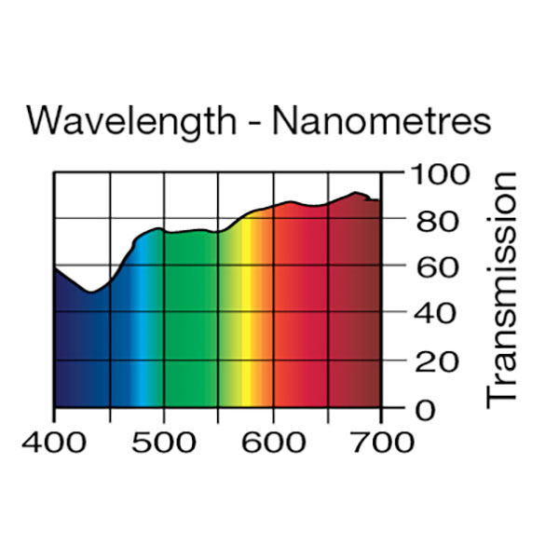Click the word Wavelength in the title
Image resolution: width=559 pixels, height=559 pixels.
tap(130, 122)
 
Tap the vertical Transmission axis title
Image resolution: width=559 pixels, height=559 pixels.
tap(502, 289)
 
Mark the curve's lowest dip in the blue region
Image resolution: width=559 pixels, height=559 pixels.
tap(90, 293)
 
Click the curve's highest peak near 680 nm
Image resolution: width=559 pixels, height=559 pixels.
tap(355, 193)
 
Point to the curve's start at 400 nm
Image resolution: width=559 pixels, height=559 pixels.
tap(55, 267)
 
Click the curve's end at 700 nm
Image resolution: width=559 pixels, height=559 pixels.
tap(380, 200)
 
